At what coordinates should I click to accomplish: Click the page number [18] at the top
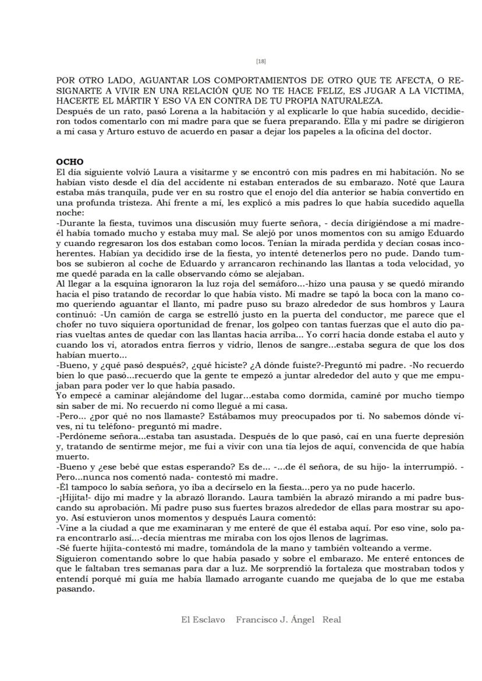[x=261, y=61]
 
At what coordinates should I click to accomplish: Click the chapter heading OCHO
[x=70, y=162]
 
